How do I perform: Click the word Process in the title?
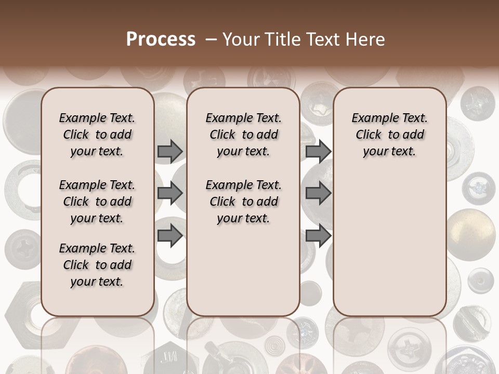pos(161,39)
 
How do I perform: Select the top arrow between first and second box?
pos(170,151)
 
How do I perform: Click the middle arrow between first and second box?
pos(170,193)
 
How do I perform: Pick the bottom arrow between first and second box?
pos(170,235)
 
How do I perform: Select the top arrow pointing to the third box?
pos(318,151)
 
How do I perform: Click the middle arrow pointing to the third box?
pos(318,193)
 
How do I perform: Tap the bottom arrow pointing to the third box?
pos(318,235)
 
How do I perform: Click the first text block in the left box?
pos(97,135)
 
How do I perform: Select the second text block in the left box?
pos(97,202)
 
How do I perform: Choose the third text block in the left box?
pos(97,265)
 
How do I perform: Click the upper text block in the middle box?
pos(243,135)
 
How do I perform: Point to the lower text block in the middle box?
pos(243,202)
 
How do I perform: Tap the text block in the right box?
pos(389,135)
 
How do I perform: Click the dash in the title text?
pos(211,39)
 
